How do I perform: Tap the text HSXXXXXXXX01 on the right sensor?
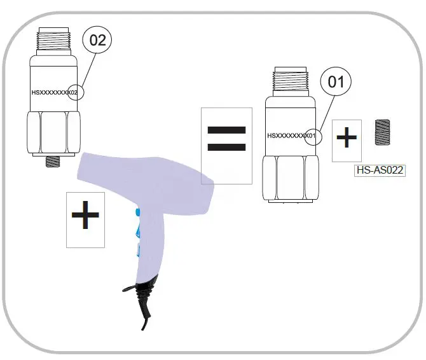(291, 135)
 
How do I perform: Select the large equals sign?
(226, 138)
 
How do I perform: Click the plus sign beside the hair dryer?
(85, 218)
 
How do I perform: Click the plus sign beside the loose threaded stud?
(346, 139)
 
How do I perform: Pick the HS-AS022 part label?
(379, 170)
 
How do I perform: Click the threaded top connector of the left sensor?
(55, 43)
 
